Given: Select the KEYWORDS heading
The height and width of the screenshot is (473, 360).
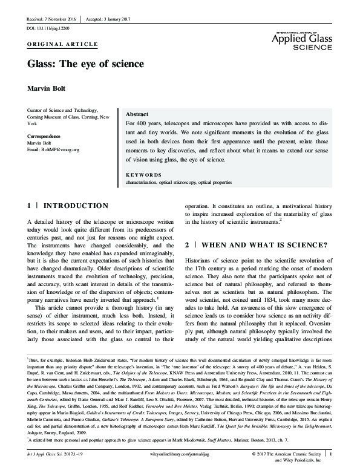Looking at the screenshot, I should pos(143,174).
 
